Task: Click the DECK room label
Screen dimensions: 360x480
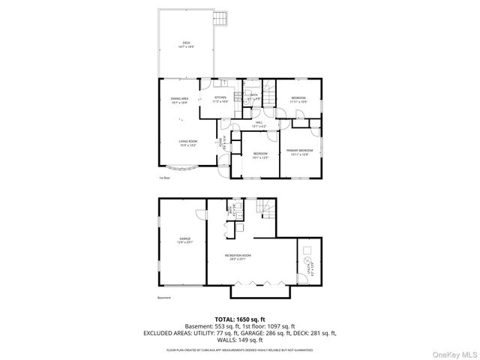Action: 186,44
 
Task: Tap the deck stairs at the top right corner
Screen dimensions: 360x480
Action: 220,17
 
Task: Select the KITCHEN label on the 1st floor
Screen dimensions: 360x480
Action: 220,99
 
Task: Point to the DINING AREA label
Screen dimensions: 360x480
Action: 179,100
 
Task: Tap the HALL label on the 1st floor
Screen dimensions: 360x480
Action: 259,123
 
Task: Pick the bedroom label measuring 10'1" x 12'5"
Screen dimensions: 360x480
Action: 259,156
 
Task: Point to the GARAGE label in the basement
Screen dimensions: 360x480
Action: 184,240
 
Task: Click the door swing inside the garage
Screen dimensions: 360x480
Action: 202,214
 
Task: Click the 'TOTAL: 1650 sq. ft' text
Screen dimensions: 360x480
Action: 239,319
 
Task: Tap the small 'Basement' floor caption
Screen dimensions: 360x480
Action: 164,298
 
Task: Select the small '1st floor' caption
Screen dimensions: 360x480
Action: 164,178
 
